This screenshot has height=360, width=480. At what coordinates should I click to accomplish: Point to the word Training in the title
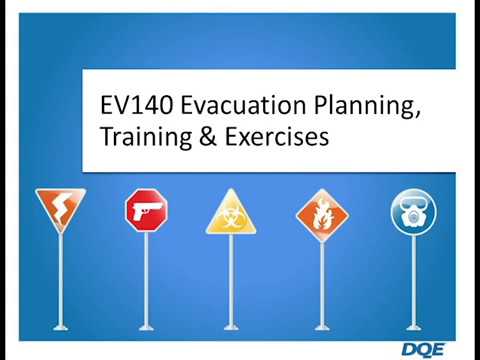point(141,138)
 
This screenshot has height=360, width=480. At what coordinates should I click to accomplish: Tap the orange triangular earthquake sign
point(60,207)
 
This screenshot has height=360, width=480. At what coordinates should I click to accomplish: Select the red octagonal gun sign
point(146,210)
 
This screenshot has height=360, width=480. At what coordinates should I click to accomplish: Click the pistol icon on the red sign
point(146,209)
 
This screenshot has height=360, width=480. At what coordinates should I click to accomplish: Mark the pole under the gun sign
point(146,280)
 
